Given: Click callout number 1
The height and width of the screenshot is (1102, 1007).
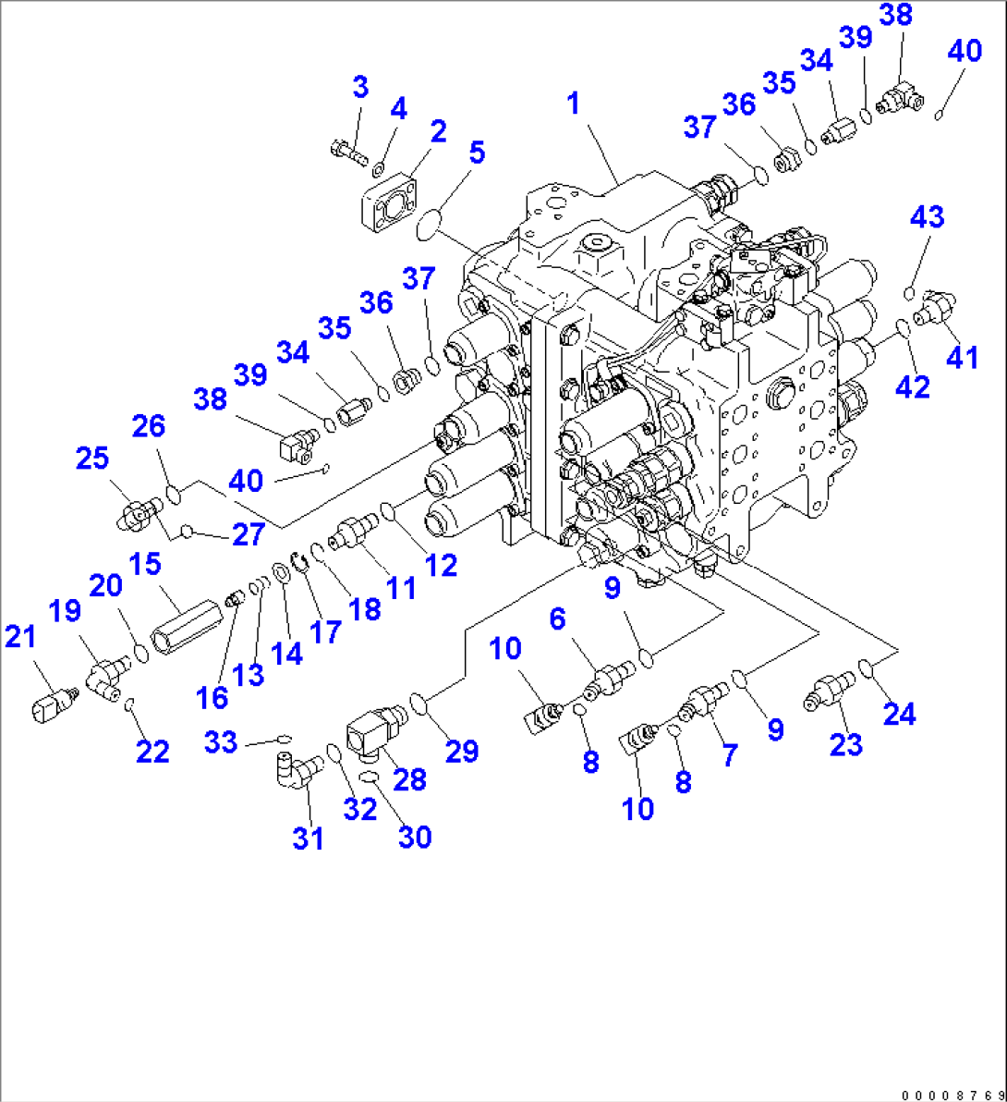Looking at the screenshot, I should (574, 104).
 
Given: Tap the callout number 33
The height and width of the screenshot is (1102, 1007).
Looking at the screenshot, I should (221, 741).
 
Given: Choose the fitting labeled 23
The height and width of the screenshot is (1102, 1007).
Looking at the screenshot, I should (829, 692).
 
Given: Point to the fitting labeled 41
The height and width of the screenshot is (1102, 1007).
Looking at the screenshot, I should (935, 308).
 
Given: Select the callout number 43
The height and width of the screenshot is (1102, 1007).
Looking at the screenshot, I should (927, 217).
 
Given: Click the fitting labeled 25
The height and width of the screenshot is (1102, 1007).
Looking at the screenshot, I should (139, 510).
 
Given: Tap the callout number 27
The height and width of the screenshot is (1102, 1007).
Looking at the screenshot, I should (249, 533).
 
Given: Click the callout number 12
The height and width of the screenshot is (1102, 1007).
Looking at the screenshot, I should (442, 565).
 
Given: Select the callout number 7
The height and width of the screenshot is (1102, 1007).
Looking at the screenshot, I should (730, 755).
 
